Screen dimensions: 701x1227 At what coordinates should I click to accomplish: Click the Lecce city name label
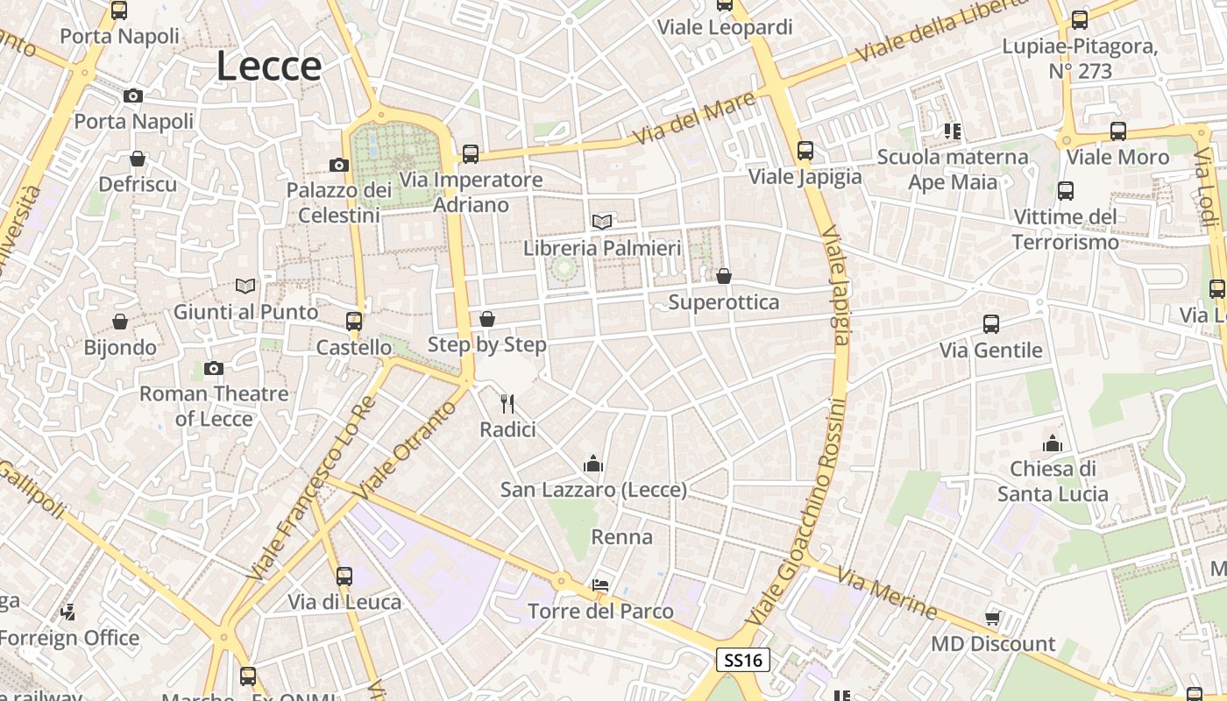point(268,67)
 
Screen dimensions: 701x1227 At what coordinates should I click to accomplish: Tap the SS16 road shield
point(743,660)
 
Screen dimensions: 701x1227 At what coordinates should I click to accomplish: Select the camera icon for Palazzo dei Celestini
point(339,165)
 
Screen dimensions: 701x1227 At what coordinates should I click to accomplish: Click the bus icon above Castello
point(354,322)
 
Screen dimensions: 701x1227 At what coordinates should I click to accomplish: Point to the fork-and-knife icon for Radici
point(507,403)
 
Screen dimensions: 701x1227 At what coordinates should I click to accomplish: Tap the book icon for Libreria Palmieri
point(601,222)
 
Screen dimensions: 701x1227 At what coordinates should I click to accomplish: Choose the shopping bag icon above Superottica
point(724,276)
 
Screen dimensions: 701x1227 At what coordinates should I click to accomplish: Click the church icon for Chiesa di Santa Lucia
point(1053,443)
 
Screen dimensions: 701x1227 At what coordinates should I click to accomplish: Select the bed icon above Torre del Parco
point(600,584)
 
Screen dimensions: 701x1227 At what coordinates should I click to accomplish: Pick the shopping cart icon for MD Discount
point(993,617)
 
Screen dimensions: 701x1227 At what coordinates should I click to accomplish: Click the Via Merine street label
point(886,593)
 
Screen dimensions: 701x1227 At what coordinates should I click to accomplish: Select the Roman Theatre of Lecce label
point(214,406)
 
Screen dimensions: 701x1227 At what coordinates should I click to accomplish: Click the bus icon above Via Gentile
point(991,324)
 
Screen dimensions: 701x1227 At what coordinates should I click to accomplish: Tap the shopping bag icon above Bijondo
point(120,322)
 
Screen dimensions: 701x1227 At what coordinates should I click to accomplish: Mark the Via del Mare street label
point(695,121)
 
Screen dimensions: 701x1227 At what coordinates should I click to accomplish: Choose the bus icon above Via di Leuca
point(344,576)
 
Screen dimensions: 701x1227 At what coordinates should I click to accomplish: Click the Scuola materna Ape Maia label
point(953,169)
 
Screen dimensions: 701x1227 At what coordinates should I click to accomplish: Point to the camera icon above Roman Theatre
point(213,369)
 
